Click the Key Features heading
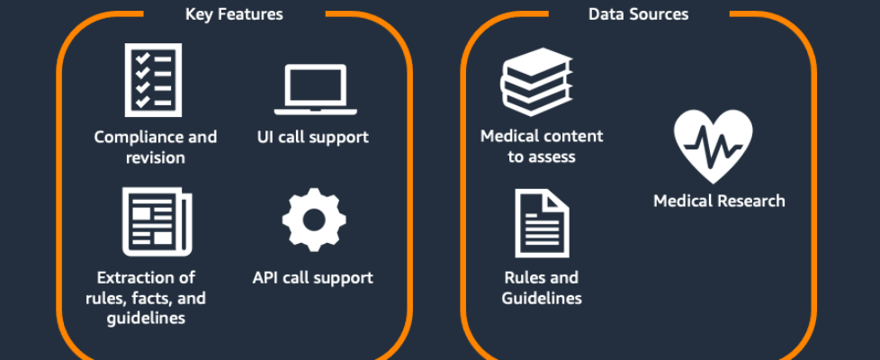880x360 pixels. pos(234,14)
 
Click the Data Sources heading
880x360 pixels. pos(638,14)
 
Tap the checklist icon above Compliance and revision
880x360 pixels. pos(153,80)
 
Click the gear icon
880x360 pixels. pos(314,220)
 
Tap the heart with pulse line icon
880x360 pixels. pos(714,146)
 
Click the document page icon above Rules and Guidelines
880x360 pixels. pos(542,223)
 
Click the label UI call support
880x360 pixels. pos(312,138)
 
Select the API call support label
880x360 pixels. pos(312,277)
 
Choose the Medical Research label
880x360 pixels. pos(719,201)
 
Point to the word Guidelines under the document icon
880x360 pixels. pos(542,298)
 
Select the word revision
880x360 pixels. pos(156,157)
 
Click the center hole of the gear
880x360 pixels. pos(314,220)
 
